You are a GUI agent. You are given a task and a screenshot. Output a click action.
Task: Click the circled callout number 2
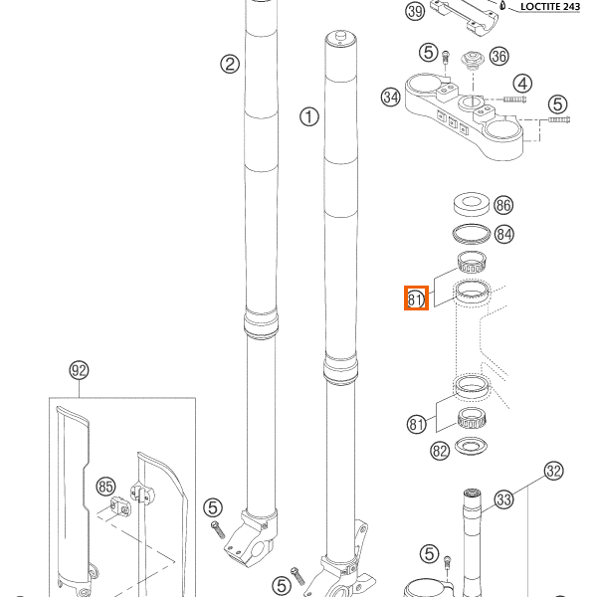(230, 65)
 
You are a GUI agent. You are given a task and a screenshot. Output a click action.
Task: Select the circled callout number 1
(309, 117)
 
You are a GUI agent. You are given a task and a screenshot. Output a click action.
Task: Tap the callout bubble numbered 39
(415, 12)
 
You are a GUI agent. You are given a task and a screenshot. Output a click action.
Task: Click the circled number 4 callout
(522, 84)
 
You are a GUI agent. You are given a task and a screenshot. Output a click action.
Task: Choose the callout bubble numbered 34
(390, 98)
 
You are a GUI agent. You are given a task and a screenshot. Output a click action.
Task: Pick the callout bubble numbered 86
(503, 206)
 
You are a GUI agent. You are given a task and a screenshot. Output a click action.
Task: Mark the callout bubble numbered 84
(504, 235)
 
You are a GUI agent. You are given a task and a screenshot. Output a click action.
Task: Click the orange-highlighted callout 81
(416, 298)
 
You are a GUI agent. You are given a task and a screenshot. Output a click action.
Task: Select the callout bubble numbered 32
(554, 471)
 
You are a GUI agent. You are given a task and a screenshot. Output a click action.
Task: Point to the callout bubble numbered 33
(504, 498)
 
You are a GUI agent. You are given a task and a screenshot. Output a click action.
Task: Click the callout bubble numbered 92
(79, 371)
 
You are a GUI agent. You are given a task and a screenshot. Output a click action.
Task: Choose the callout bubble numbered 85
(105, 487)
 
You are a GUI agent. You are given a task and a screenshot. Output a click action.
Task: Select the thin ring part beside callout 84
(471, 234)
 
